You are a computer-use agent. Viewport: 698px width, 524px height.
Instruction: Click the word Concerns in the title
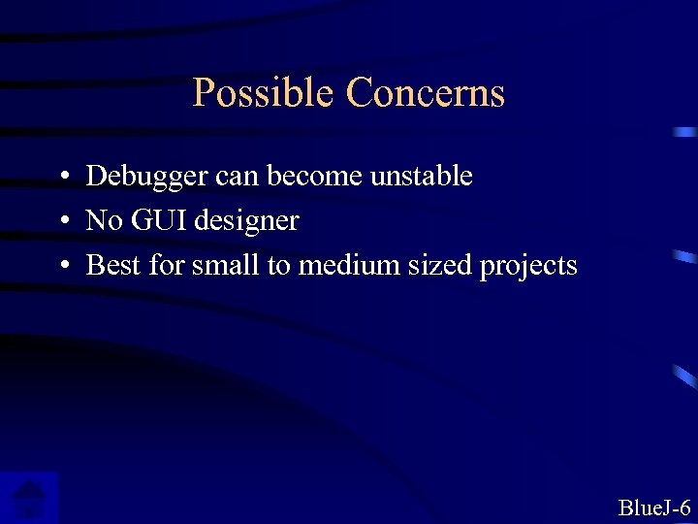(426, 93)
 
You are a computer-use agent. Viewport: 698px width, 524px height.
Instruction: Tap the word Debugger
(146, 177)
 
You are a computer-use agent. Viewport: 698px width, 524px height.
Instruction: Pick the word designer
(246, 222)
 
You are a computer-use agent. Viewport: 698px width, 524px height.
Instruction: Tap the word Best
(113, 265)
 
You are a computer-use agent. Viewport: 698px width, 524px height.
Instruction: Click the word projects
(528, 266)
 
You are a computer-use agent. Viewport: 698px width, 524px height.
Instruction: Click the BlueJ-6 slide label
(654, 508)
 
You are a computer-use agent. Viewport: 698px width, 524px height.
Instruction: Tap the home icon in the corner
(29, 498)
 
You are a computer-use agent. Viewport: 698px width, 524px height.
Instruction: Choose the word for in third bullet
(167, 265)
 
